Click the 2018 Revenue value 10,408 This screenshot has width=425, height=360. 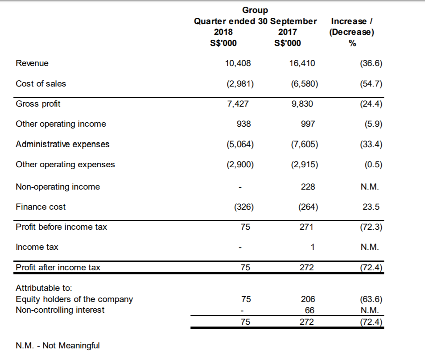[238, 63]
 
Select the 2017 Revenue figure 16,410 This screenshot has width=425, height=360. [302, 63]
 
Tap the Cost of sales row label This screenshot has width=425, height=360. [41, 83]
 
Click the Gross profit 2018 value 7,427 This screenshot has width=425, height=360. [238, 104]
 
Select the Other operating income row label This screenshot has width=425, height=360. [61, 124]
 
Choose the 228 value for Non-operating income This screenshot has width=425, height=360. [308, 187]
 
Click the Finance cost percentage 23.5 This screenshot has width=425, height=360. [371, 207]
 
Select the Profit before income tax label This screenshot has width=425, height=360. [61, 227]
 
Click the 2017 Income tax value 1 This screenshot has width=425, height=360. [313, 247]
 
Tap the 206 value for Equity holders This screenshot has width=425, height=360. [308, 299]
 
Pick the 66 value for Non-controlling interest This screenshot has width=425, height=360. [309, 310]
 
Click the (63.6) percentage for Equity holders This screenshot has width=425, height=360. [371, 299]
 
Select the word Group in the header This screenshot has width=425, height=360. [255, 10]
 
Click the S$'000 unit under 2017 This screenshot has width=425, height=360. [288, 43]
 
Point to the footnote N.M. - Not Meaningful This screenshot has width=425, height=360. [58, 345]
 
